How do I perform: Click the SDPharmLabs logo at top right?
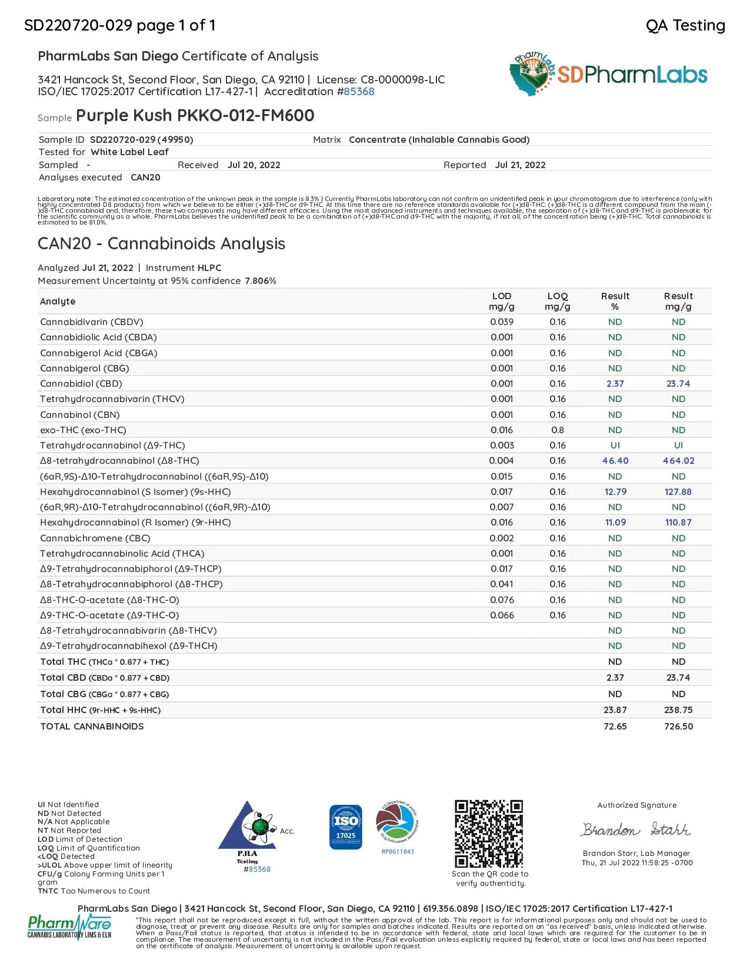608,74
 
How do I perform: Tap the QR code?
488,833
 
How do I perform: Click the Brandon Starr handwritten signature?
636,829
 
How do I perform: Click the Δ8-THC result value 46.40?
615,461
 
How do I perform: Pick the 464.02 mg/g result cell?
678,461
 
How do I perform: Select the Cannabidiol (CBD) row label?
81,384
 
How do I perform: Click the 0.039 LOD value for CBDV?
502,322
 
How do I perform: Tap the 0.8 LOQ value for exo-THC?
557,430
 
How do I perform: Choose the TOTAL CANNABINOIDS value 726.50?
678,727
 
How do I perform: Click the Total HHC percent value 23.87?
615,710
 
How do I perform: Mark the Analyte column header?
58,302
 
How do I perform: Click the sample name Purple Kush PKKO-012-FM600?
195,115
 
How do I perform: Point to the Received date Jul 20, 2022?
254,165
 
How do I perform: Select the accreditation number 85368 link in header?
359,92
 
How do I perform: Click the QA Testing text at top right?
685,25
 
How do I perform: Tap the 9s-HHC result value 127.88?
678,492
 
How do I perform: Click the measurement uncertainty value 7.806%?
261,281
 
